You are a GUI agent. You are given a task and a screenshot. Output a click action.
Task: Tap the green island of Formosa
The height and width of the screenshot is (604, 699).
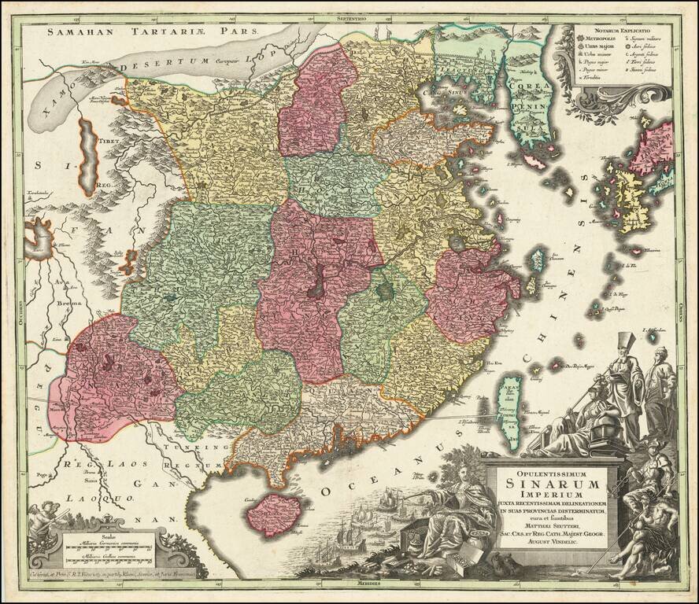click(511, 410)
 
